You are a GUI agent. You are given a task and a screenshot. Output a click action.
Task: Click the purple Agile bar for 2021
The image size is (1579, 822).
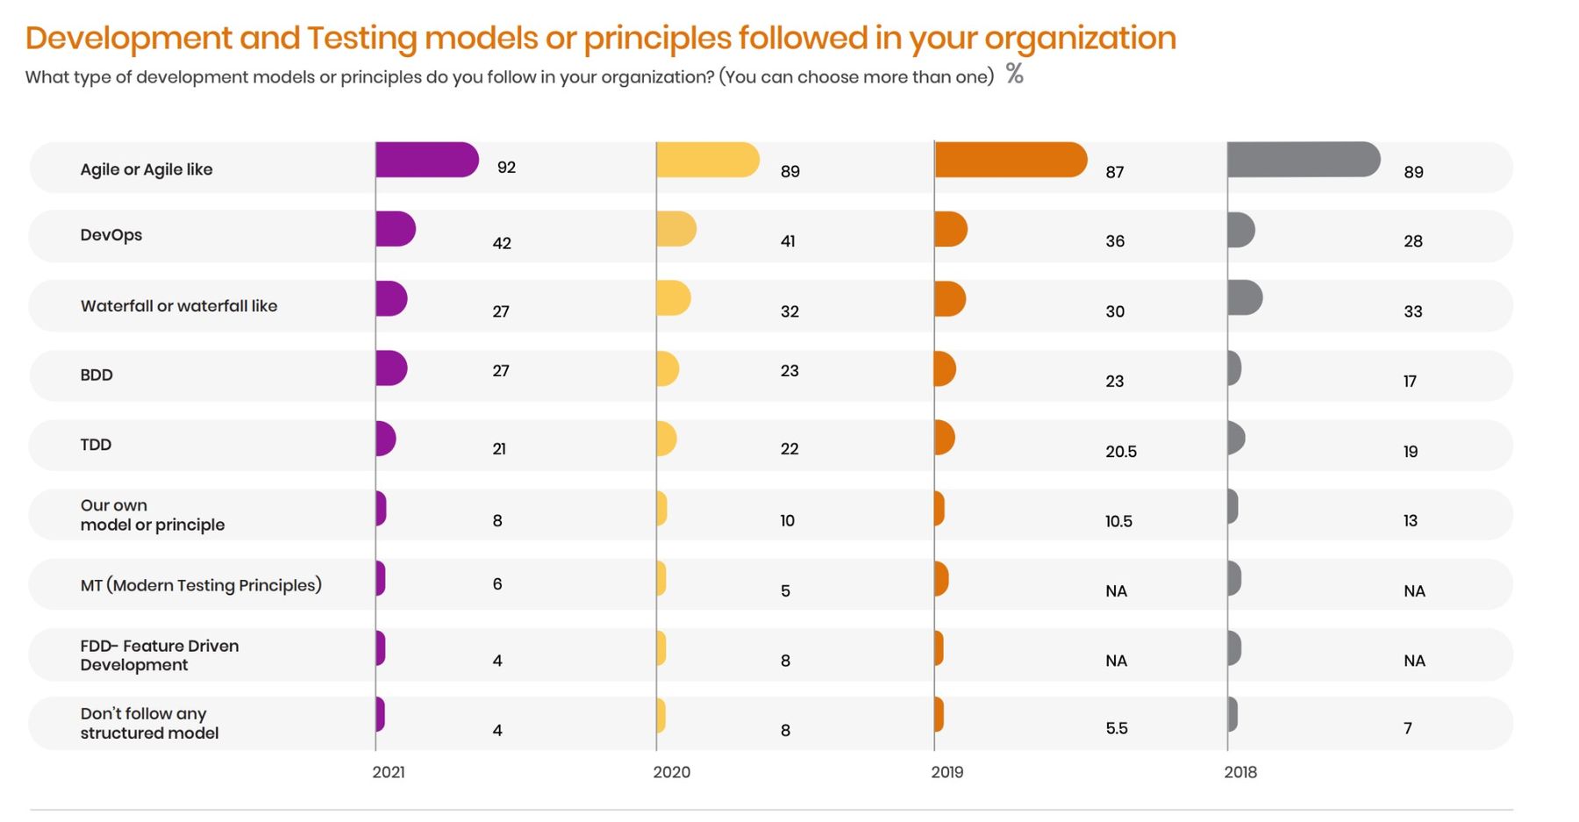click(426, 160)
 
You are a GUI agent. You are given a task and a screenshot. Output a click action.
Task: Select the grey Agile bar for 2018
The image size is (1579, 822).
click(1303, 160)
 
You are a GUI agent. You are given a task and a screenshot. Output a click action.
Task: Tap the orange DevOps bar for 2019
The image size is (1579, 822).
click(950, 229)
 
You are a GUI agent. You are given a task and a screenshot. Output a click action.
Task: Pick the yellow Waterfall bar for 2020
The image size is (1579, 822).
click(673, 298)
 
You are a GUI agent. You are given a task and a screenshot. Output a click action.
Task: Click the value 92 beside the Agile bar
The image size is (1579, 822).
click(506, 168)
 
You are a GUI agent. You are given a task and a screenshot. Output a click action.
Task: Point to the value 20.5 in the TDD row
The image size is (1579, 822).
click(1120, 452)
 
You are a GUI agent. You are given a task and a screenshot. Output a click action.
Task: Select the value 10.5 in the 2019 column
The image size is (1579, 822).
click(1118, 521)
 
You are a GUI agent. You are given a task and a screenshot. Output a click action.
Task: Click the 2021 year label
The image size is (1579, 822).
click(389, 772)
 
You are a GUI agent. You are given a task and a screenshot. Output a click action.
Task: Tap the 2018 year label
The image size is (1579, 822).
click(1240, 772)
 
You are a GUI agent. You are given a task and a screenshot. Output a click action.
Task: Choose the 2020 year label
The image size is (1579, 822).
click(671, 772)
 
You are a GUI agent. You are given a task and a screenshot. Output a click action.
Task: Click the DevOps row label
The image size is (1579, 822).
click(111, 235)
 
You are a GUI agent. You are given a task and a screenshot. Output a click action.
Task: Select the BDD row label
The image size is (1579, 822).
click(96, 375)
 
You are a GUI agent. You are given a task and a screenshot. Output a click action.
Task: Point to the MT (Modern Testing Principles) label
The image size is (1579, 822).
click(201, 585)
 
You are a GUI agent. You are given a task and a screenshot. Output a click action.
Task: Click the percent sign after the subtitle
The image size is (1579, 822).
click(1014, 74)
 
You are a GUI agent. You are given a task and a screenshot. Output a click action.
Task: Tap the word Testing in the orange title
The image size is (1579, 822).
click(361, 39)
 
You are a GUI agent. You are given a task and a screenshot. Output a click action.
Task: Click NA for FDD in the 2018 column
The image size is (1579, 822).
click(1414, 661)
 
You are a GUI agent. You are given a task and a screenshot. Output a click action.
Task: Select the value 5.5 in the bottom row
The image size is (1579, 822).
click(1116, 728)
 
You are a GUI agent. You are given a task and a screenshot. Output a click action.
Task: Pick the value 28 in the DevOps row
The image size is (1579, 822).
click(1412, 241)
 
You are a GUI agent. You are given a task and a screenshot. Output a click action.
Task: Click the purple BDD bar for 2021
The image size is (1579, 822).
click(390, 368)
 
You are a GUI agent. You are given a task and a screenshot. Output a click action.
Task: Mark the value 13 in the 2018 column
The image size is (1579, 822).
click(1410, 521)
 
